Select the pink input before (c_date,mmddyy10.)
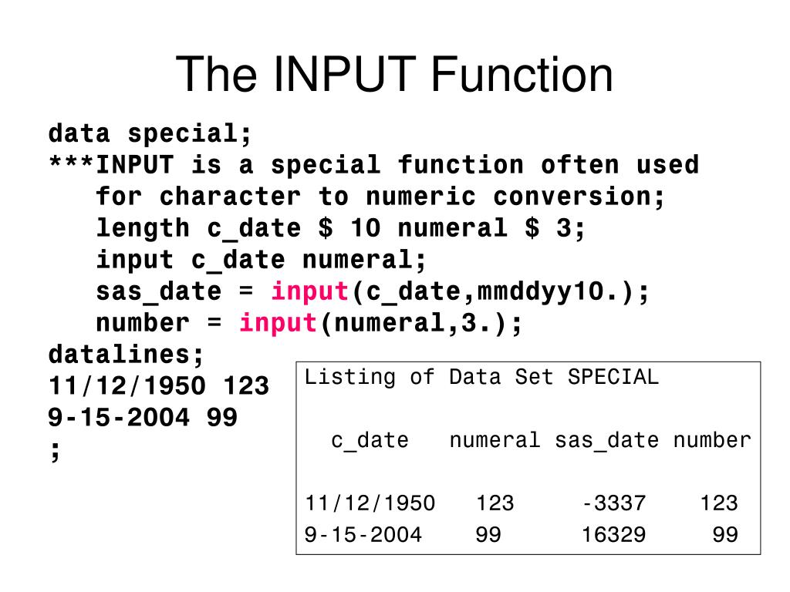click(x=310, y=292)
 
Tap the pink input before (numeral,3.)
click(x=279, y=324)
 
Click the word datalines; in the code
click(x=127, y=355)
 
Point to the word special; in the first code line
click(x=190, y=134)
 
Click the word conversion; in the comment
click(x=579, y=197)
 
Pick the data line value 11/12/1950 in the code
click(x=127, y=386)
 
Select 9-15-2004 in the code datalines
click(x=119, y=418)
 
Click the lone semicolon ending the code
click(x=55, y=449)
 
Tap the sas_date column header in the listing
click(x=607, y=441)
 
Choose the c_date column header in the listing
click(x=370, y=441)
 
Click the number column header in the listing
click(x=711, y=441)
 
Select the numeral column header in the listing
click(x=495, y=441)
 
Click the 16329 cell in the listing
click(x=613, y=535)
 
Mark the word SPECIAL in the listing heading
click(x=613, y=378)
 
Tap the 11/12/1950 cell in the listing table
click(x=370, y=504)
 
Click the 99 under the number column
click(x=725, y=535)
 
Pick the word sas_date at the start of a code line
click(x=158, y=292)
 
